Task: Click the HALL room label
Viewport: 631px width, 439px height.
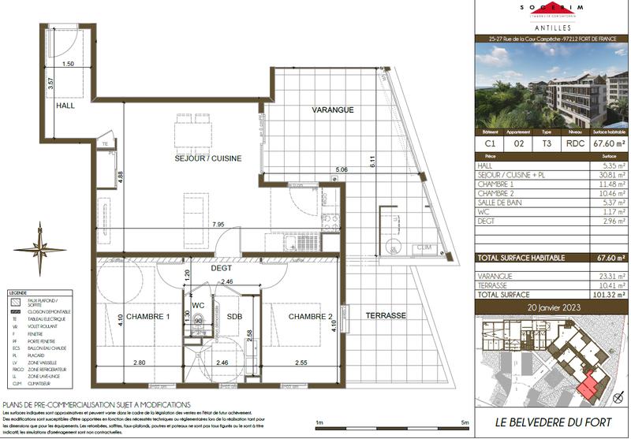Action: pyautogui.click(x=65, y=105)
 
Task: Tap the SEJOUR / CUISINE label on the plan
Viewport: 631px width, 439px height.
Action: pyautogui.click(x=207, y=158)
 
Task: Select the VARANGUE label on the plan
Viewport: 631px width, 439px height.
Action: pyautogui.click(x=331, y=110)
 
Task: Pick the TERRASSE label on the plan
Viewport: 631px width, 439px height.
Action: pyautogui.click(x=385, y=315)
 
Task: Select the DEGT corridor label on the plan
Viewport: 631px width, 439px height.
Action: pyautogui.click(x=220, y=268)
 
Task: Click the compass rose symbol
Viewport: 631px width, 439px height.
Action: pyautogui.click(x=39, y=248)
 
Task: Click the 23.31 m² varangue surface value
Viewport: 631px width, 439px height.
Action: pyautogui.click(x=611, y=276)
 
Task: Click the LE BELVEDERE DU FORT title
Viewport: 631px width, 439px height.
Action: pyautogui.click(x=552, y=422)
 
